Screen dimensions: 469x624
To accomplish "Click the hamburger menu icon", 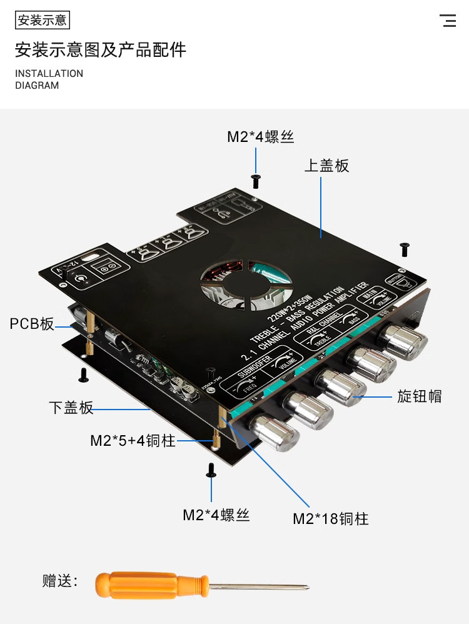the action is tap(448, 21).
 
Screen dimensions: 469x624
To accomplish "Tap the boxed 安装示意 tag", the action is tap(42, 21).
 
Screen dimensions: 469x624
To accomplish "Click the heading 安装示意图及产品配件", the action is tap(100, 49).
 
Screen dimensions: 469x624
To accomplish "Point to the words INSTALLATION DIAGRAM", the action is tap(49, 79).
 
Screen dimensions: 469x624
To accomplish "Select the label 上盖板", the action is tap(326, 166).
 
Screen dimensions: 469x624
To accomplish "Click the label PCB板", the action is tap(32, 324).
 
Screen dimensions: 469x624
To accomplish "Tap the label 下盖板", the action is tap(71, 408).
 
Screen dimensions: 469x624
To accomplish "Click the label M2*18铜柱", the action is tap(331, 518).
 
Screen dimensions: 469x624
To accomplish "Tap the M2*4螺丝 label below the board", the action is tap(216, 515).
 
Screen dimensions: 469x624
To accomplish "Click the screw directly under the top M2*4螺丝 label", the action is tap(256, 181).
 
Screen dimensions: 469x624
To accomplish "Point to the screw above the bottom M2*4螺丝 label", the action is tap(211, 471).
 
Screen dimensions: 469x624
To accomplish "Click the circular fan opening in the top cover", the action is tap(245, 285).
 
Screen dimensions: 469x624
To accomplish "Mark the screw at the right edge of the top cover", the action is tap(405, 249).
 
